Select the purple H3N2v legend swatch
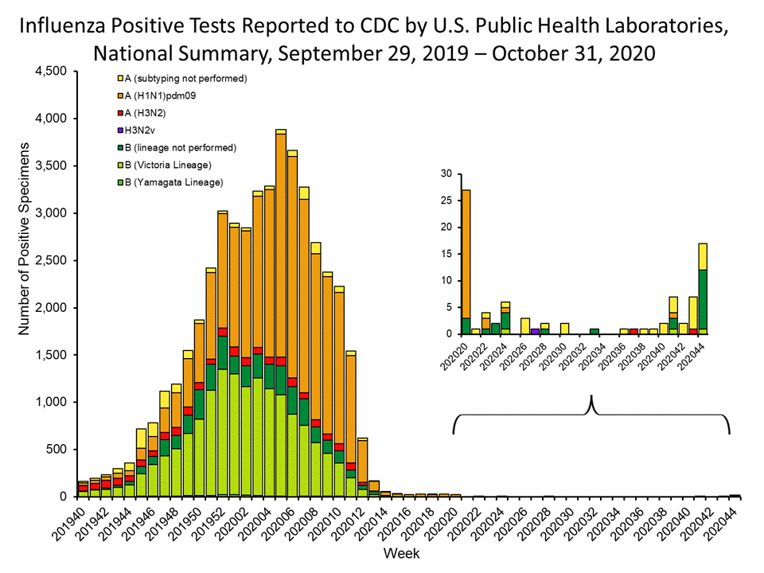pyautogui.click(x=119, y=131)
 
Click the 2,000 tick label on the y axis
pyautogui.click(x=50, y=308)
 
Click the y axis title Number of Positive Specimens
pyautogui.click(x=25, y=284)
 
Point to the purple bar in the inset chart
pyautogui.click(x=535, y=331)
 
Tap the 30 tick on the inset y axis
pyautogui.click(x=446, y=173)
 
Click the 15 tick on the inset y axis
pyautogui.click(x=446, y=254)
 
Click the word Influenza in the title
pyautogui.click(x=70, y=26)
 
